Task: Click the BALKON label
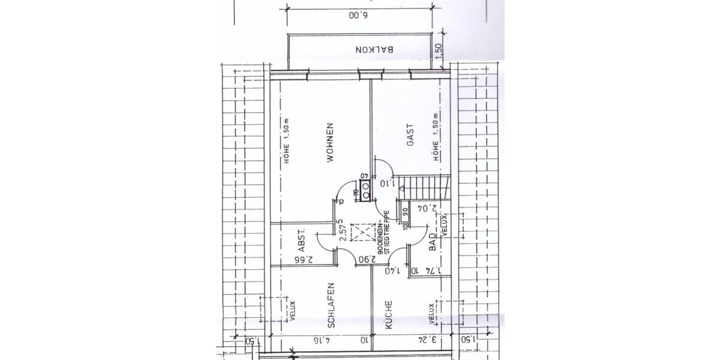[x=374, y=50]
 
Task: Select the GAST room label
[x=411, y=136]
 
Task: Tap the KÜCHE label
[x=388, y=314]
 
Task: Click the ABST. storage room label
[x=302, y=240]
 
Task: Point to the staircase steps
[x=426, y=184]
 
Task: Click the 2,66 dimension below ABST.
[x=305, y=260]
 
